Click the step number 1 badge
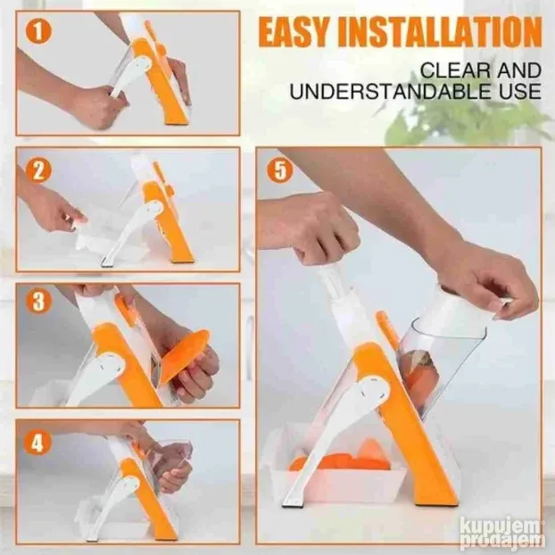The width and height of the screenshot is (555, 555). point(38,31)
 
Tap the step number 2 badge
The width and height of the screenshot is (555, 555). point(38,170)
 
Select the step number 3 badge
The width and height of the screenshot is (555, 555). point(38,302)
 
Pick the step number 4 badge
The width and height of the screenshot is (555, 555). point(37,442)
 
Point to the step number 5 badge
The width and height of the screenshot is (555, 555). point(280,170)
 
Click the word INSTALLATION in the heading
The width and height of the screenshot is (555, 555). point(440,34)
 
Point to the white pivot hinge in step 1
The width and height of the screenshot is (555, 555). point(141,66)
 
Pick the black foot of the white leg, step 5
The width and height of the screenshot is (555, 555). point(292,504)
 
